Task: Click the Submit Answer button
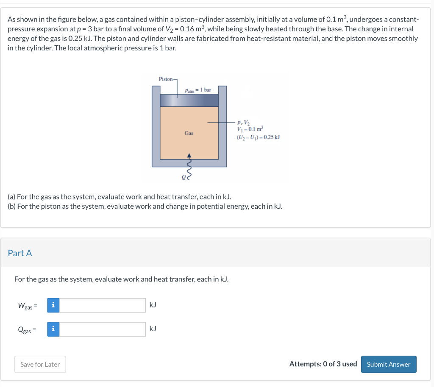pos(388,364)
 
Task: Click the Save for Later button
pos(40,364)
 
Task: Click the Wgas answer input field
pos(102,305)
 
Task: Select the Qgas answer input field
pos(102,329)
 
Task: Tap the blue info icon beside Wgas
pos(53,305)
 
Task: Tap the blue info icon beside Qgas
pos(53,329)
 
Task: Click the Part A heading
pos(20,253)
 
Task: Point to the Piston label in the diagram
pos(165,79)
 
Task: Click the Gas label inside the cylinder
pos(189,133)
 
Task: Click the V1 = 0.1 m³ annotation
pos(250,130)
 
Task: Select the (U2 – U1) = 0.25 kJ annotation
pos(258,137)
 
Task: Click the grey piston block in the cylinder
pos(189,100)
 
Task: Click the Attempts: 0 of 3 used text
pos(323,364)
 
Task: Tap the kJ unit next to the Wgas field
pos(153,305)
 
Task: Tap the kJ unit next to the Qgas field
pos(153,329)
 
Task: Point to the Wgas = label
pos(28,305)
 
